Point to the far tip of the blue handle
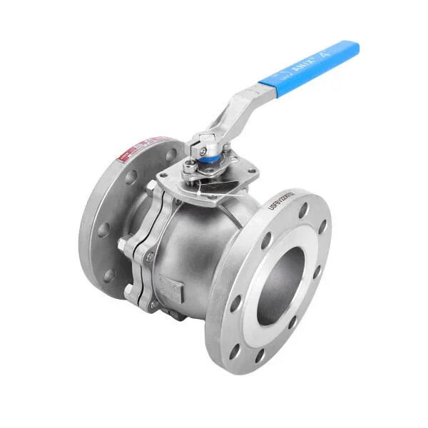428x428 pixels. [x=355, y=48]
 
